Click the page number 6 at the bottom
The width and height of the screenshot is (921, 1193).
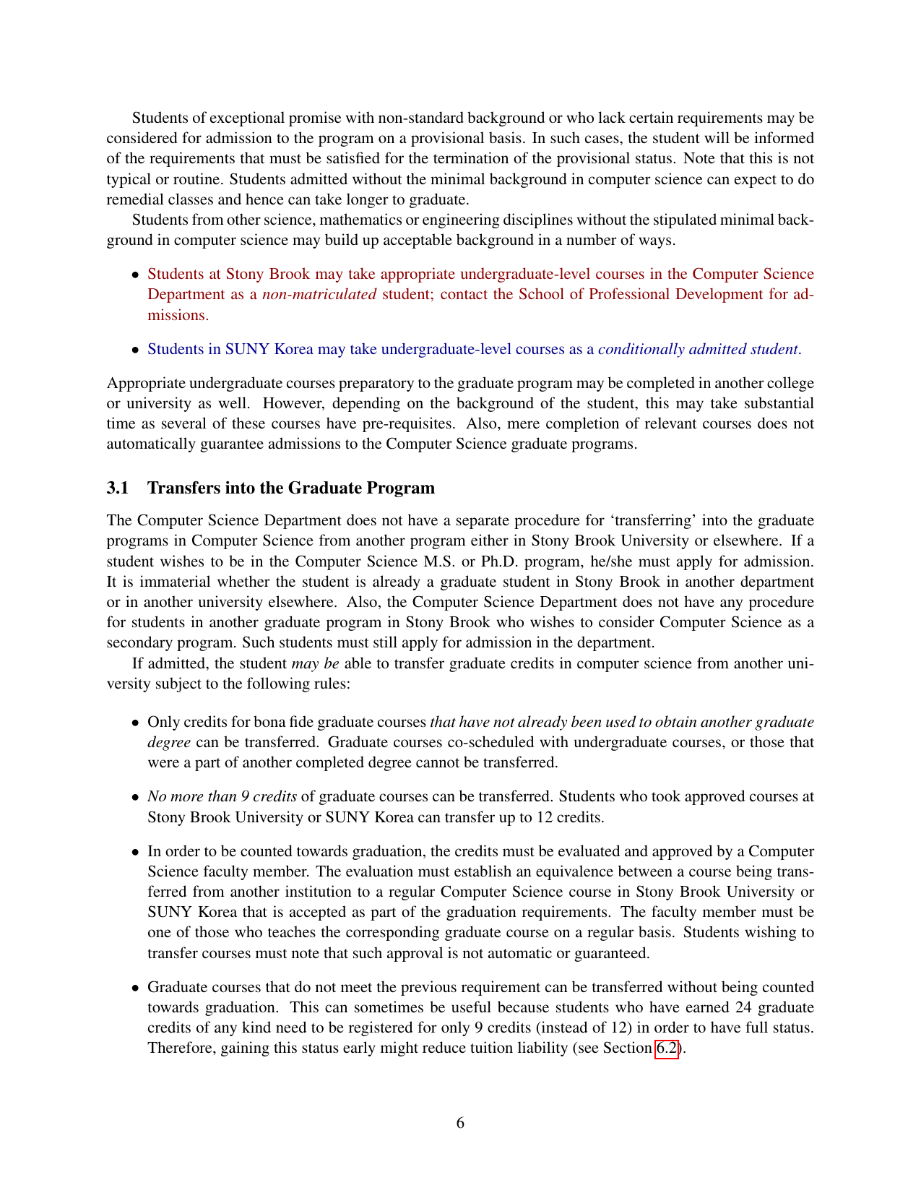pyautogui.click(x=460, y=1123)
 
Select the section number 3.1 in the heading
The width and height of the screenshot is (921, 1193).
pyautogui.click(x=117, y=488)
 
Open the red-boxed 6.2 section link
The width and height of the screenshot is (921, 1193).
pyautogui.click(x=667, y=1048)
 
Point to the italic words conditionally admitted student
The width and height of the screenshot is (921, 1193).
pyautogui.click(x=698, y=349)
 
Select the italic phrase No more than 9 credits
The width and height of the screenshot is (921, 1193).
pyautogui.click(x=222, y=796)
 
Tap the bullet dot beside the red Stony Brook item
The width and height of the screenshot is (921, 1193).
pyautogui.click(x=134, y=275)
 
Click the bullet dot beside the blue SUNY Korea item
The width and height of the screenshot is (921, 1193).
pyautogui.click(x=134, y=350)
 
